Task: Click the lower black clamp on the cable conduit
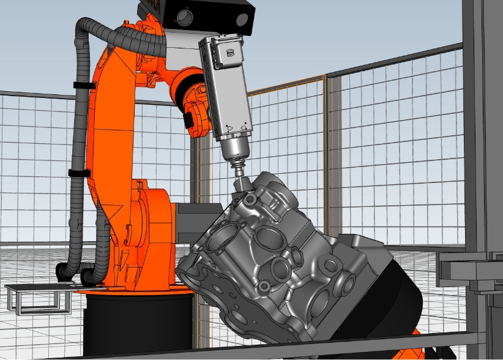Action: [x=77, y=173]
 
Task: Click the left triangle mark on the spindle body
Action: [x=228, y=126]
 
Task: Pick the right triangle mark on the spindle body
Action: [x=245, y=126]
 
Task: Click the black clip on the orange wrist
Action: [x=191, y=116]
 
